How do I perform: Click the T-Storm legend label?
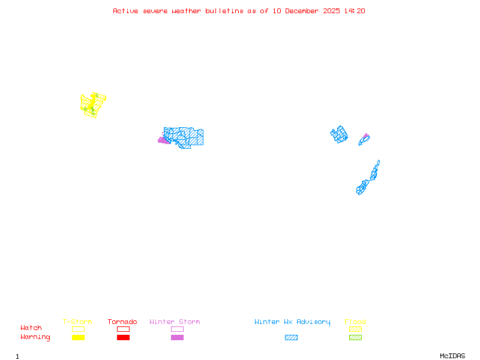77,322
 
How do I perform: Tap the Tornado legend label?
122,322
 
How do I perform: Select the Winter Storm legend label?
175,322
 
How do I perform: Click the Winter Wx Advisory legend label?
292,322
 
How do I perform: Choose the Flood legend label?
355,322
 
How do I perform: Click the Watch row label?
31,328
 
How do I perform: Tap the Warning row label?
35,337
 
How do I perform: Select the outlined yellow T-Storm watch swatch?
78,329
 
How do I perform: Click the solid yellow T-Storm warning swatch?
78,338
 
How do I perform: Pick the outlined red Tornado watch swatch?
123,329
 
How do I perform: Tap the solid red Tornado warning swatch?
123,338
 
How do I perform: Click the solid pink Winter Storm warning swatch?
177,338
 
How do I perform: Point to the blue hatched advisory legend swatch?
291,338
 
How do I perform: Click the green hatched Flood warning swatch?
355,338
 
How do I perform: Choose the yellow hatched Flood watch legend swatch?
355,329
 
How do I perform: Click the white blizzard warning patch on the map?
380,163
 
